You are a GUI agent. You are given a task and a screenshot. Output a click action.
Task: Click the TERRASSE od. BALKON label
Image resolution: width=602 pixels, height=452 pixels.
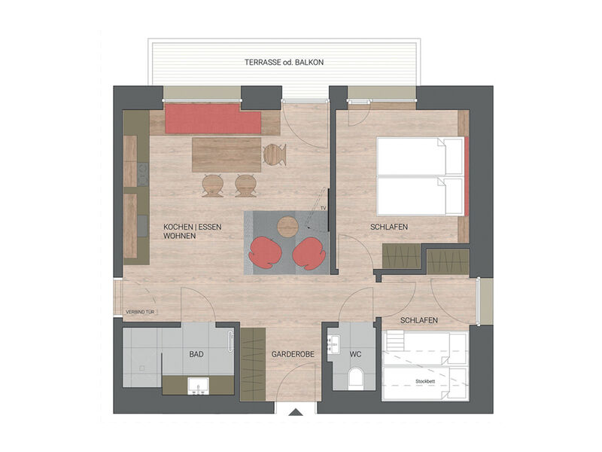284,62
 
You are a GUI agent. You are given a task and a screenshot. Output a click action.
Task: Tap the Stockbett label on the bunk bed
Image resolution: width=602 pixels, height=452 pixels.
424,381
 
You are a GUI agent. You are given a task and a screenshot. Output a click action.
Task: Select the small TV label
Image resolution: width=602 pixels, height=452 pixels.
323,206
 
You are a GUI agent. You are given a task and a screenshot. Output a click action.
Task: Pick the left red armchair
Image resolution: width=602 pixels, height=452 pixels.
264,253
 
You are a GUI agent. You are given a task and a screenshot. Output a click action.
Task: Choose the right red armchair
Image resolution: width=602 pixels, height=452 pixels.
310,253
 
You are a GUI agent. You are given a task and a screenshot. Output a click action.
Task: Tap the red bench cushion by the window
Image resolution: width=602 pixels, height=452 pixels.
212,119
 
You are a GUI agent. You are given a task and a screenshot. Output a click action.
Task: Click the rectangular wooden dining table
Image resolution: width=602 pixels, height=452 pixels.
226,154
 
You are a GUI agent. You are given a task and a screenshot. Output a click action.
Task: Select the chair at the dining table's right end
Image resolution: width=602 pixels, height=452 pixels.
275,154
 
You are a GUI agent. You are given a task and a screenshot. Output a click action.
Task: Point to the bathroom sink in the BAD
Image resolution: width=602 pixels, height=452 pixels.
199,386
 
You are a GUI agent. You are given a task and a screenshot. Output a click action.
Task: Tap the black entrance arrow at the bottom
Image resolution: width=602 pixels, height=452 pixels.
296,411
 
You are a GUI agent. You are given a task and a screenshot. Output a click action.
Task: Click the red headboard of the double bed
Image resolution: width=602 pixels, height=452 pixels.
467,177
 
